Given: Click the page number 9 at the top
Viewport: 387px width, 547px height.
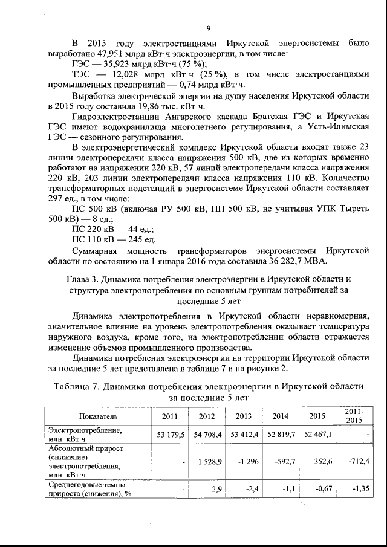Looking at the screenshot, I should pos(207,28).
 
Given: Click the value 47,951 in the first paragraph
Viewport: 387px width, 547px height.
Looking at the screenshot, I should pos(86,54).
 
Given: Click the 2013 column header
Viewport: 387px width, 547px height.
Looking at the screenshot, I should pos(244,416).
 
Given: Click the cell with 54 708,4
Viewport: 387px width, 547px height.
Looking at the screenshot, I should pos(207,434).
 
